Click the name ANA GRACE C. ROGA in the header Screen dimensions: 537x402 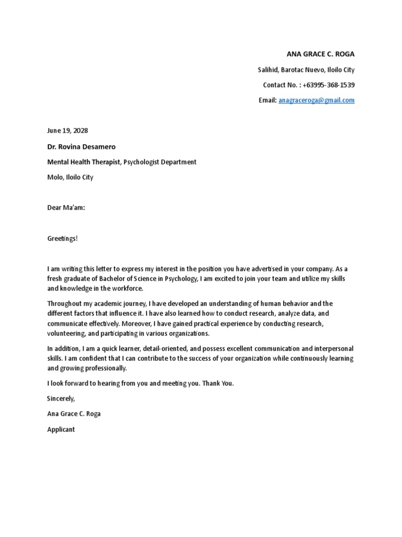[x=320, y=54]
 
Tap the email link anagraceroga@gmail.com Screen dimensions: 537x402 [x=316, y=100]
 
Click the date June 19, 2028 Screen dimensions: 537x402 [x=68, y=131]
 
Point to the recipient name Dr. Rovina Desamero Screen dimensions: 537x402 [x=81, y=147]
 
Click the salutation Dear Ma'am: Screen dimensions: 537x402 [x=66, y=208]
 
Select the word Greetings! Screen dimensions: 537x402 [x=62, y=238]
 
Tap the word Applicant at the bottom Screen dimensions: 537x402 [x=61, y=429]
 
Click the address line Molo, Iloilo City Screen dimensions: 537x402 [x=70, y=177]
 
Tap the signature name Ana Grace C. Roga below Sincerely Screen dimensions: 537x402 [x=74, y=414]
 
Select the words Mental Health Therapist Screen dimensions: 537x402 [x=84, y=162]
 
